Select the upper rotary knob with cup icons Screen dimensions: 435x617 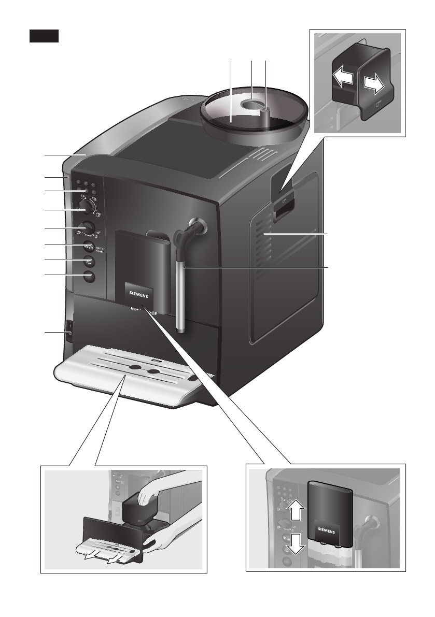pyautogui.click(x=89, y=208)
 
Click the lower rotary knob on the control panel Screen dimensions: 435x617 pyautogui.click(x=88, y=228)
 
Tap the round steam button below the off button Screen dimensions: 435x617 pyautogui.click(x=88, y=261)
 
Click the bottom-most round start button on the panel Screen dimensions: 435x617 pyautogui.click(x=89, y=277)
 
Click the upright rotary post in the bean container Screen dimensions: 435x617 pyautogui.click(x=265, y=117)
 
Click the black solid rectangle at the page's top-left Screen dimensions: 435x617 pyautogui.click(x=44, y=36)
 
